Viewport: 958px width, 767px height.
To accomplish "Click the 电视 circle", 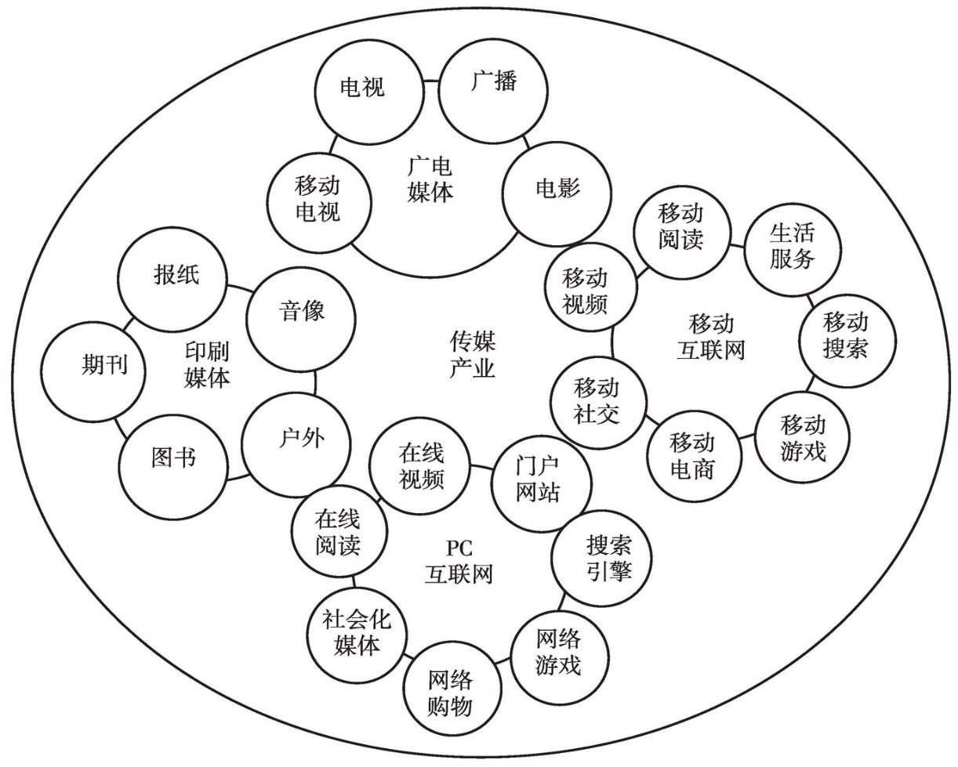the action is [x=368, y=91].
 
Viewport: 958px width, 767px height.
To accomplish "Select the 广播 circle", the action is [x=493, y=90].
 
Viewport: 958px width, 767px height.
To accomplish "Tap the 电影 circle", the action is [x=557, y=193].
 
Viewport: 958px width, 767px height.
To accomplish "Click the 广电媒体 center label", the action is [x=430, y=179].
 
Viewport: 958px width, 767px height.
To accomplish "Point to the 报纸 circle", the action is [x=172, y=280].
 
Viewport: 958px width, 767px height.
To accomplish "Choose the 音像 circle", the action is [x=301, y=319].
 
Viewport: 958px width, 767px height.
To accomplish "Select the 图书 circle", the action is [x=173, y=466].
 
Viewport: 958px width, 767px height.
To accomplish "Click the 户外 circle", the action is [x=296, y=444].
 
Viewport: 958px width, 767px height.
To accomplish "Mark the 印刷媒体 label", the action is [x=207, y=365].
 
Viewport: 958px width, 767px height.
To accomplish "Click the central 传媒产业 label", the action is [x=472, y=354].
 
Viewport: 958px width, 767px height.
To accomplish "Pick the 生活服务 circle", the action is [x=793, y=250].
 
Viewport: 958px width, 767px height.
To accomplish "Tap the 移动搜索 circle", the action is [x=847, y=341].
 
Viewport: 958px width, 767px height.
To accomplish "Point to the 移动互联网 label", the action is [x=711, y=337].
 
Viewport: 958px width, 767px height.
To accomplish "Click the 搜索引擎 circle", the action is [x=601, y=558].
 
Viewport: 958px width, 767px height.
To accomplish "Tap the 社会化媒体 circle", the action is [x=357, y=633].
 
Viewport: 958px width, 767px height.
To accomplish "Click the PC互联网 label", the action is [x=459, y=562].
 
